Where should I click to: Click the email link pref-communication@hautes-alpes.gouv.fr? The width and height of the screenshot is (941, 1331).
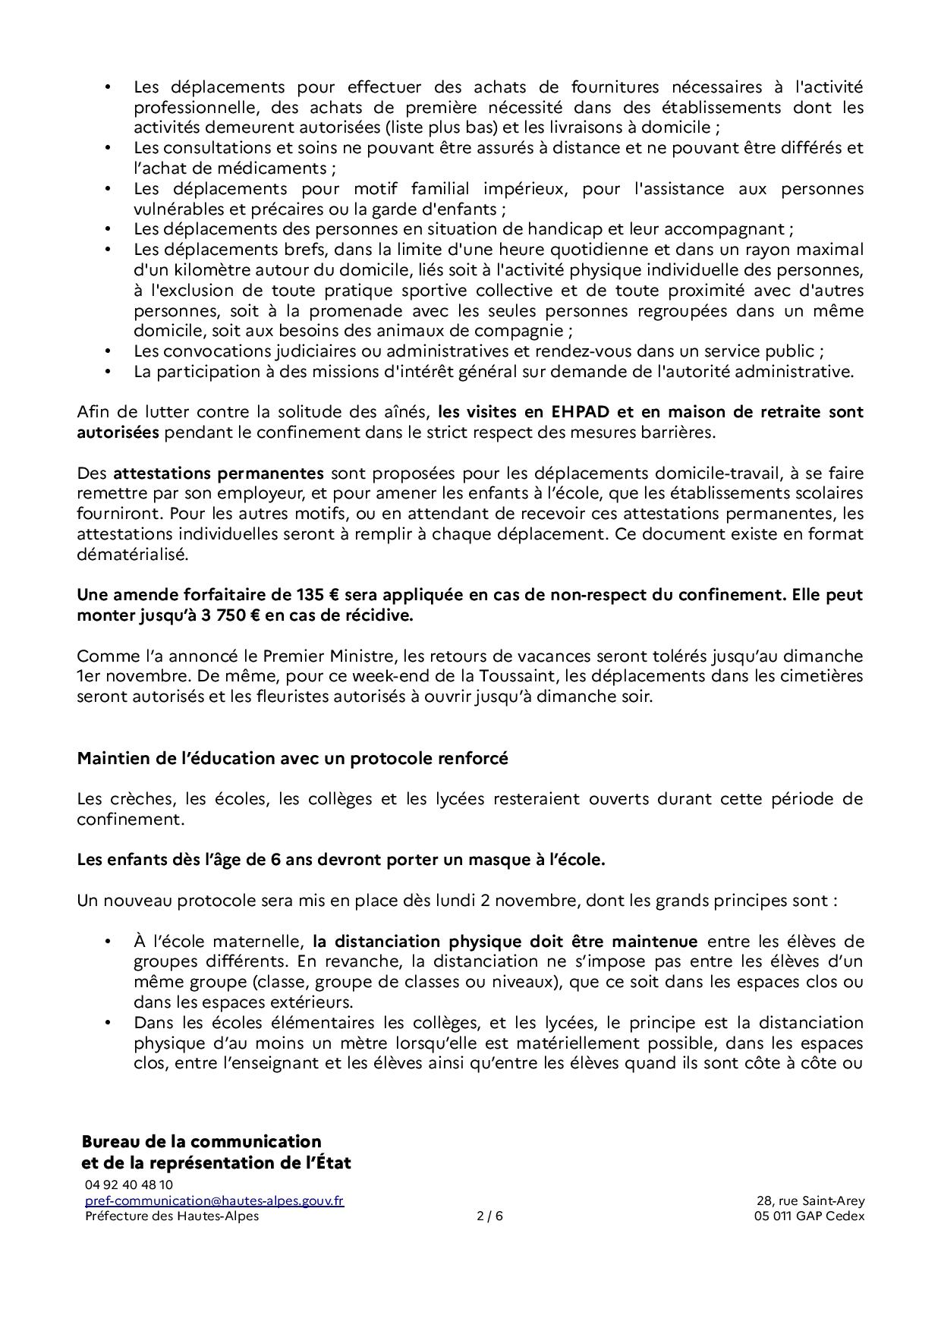click(x=214, y=1200)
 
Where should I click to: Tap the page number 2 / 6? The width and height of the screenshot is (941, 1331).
click(x=489, y=1216)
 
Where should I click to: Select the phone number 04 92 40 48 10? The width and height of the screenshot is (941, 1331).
click(x=128, y=1185)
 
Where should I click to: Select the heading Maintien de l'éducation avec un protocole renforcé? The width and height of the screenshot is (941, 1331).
click(x=292, y=758)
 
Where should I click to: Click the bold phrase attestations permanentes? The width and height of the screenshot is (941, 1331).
click(x=219, y=474)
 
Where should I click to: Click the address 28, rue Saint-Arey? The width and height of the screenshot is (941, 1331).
click(x=810, y=1200)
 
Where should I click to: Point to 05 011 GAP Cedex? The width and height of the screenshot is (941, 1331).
click(x=804, y=1216)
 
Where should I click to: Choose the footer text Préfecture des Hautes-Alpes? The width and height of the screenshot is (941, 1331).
click(x=172, y=1216)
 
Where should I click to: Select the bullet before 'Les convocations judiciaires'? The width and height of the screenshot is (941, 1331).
click(x=109, y=351)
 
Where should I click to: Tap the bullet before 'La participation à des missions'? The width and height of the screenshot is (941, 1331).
click(x=109, y=372)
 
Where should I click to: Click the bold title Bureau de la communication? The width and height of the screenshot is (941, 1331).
click(x=201, y=1141)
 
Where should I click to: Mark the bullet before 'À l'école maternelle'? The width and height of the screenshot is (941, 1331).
click(x=109, y=942)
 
